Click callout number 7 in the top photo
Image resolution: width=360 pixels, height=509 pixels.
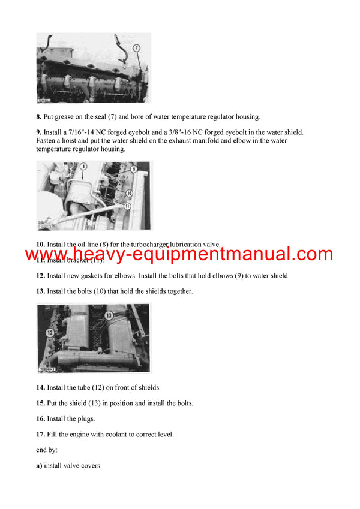137,47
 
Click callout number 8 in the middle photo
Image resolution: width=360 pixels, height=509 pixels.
83,165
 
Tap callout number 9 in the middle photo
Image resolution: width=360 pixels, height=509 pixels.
134,170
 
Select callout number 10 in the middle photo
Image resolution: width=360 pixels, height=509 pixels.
129,193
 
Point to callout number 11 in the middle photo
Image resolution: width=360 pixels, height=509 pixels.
127,206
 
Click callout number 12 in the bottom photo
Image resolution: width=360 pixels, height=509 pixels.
50,332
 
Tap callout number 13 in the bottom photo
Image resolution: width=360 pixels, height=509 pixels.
109,315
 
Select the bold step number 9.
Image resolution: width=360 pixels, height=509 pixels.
40,132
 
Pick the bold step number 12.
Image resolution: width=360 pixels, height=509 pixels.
41,276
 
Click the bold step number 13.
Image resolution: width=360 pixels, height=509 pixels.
41,291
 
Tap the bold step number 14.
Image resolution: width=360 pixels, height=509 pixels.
41,387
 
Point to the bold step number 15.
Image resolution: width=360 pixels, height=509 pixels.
41,403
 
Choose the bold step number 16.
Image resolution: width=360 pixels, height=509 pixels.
41,418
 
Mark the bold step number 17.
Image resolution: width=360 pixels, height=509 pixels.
41,434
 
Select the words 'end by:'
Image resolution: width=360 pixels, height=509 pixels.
48,450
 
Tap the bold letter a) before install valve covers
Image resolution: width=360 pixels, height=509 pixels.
40,465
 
